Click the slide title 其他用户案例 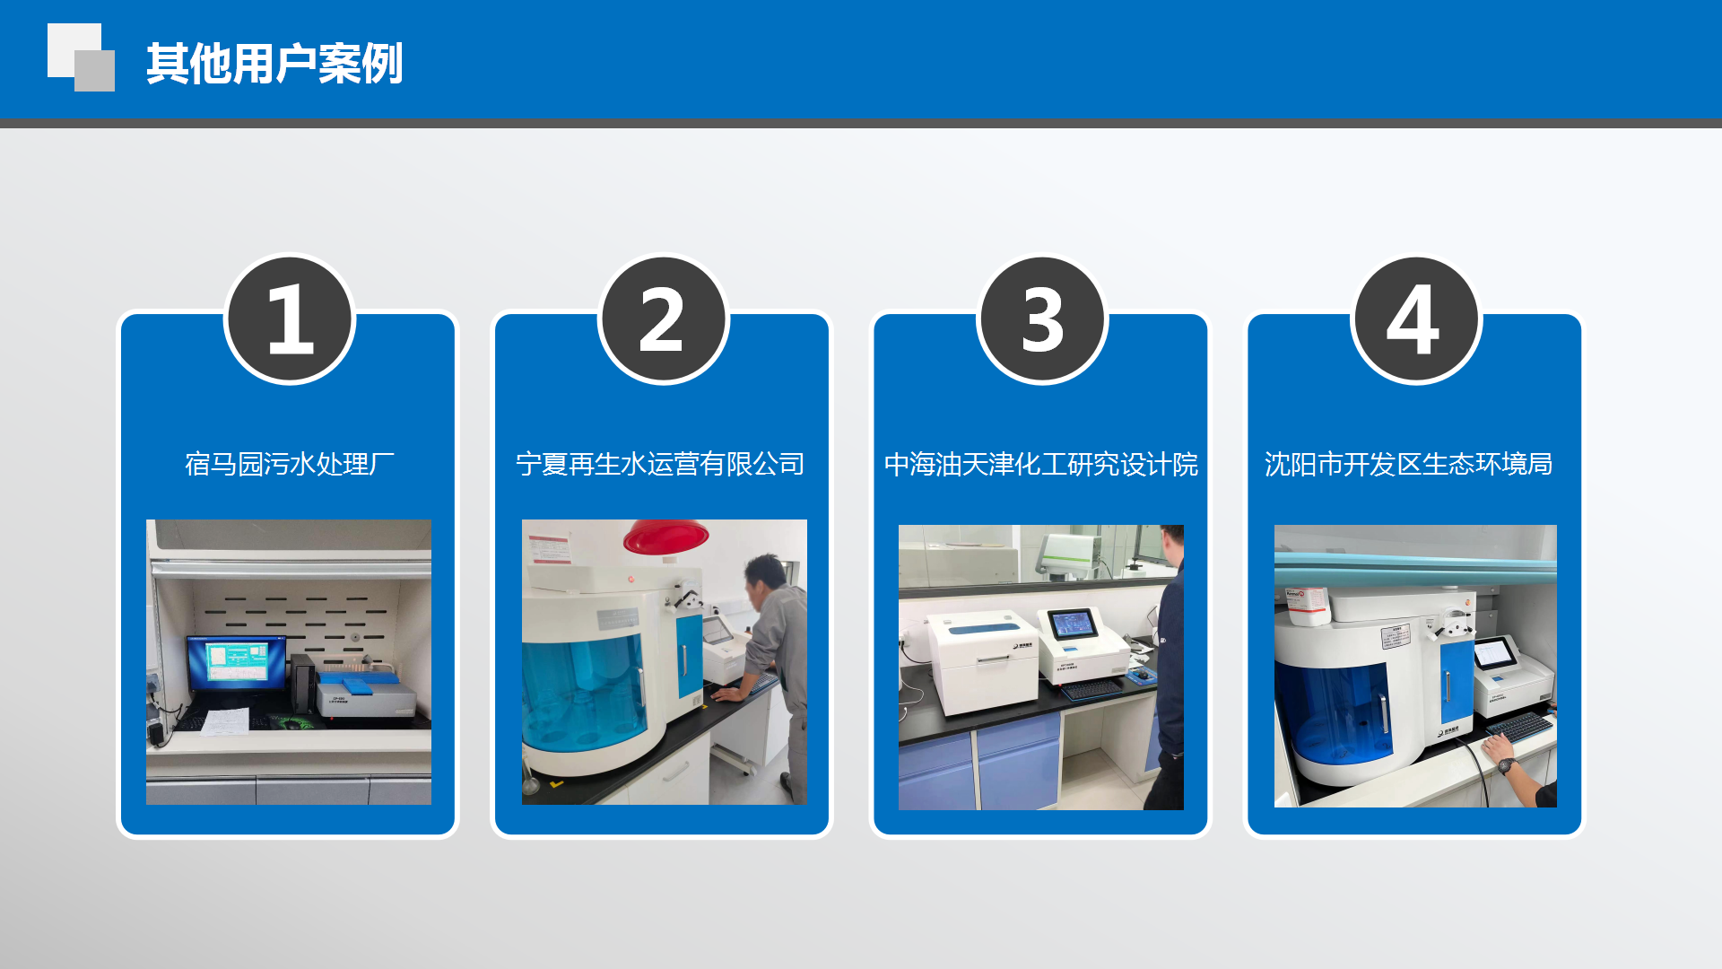(x=274, y=64)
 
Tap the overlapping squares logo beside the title (x=81, y=57)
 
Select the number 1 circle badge (x=290, y=319)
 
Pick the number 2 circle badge (x=664, y=319)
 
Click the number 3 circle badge (x=1042, y=319)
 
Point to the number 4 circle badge (x=1416, y=319)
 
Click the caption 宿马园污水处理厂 (x=290, y=464)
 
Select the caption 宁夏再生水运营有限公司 (x=661, y=464)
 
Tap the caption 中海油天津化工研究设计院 (x=1041, y=464)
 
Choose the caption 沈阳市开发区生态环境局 (x=1408, y=464)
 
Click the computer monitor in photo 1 (x=236, y=664)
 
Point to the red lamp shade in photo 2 (x=666, y=537)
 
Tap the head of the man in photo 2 (x=766, y=576)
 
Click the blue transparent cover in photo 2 (x=583, y=686)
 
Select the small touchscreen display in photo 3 (x=1073, y=623)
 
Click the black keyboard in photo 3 (x=1091, y=689)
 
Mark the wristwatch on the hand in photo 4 (x=1507, y=765)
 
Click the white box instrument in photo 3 (x=981, y=662)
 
